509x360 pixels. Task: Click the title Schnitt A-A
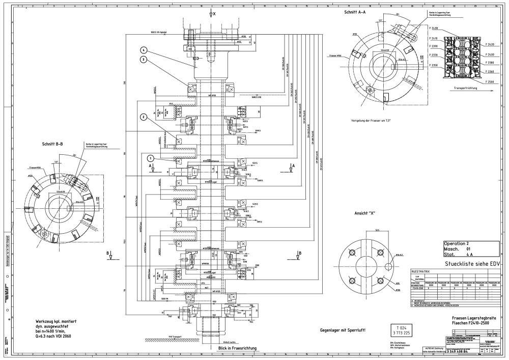tap(355, 12)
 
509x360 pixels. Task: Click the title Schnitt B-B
tap(53, 144)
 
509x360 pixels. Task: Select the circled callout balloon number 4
tap(145, 50)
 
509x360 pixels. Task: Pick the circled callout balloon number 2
tap(145, 117)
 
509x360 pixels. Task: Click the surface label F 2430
tap(434, 27)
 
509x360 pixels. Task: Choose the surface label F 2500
tap(490, 81)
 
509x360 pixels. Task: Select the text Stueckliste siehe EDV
tap(473, 264)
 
